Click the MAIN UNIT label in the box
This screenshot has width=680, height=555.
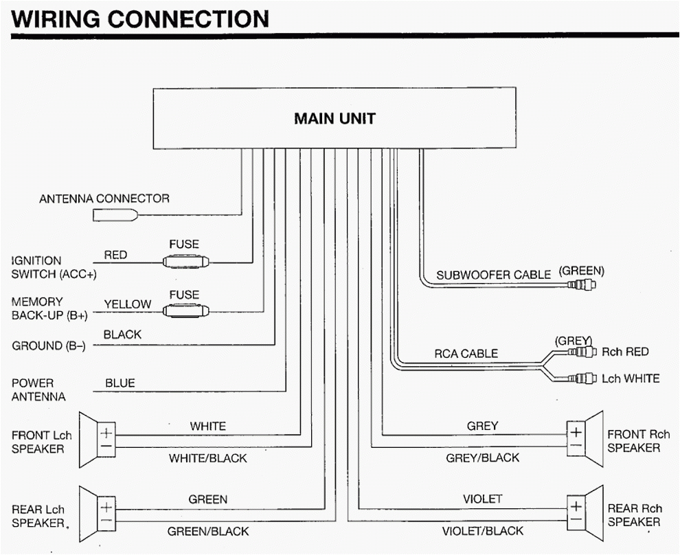click(335, 119)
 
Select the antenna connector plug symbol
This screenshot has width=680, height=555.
click(114, 215)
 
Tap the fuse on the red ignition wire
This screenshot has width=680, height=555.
click(185, 262)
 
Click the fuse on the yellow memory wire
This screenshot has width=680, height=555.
click(185, 311)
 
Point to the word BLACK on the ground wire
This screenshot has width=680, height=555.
click(122, 335)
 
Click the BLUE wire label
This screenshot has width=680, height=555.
click(120, 383)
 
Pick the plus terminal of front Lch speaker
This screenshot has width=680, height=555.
click(107, 433)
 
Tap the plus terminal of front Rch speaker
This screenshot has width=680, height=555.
click(575, 432)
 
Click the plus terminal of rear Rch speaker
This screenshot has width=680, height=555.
click(575, 507)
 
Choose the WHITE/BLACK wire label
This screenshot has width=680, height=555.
click(208, 458)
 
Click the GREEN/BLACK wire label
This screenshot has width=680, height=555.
click(208, 531)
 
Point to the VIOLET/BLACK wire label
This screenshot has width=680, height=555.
click(482, 531)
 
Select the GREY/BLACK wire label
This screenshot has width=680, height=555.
click(482, 458)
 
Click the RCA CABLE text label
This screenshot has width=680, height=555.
click(466, 354)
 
